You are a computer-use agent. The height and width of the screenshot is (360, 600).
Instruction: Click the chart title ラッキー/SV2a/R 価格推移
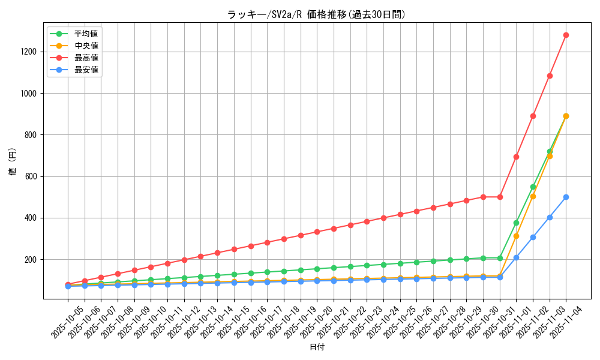[x=316, y=14]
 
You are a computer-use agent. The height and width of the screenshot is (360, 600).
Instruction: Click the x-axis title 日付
[x=316, y=347]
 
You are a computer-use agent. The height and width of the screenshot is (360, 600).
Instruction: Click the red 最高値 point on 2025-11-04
[x=566, y=35]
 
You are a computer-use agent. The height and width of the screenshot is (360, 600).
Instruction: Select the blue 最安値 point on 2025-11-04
[x=566, y=197]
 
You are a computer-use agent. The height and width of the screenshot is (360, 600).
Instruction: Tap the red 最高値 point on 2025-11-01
[x=516, y=157]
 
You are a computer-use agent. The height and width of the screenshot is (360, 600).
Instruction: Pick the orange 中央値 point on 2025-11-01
[x=516, y=236]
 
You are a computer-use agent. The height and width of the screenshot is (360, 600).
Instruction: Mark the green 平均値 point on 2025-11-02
[x=533, y=187]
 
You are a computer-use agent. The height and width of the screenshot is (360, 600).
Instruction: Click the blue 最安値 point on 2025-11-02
[x=533, y=237]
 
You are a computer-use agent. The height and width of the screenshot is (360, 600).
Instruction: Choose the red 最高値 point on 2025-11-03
[x=550, y=76]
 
